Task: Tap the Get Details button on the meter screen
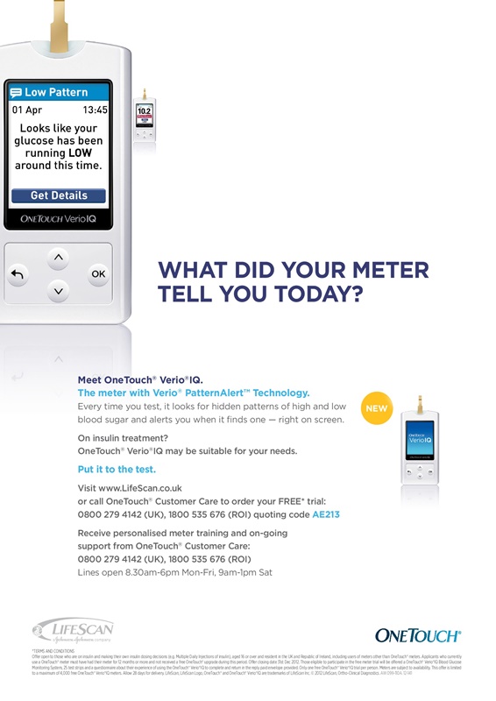click(x=59, y=195)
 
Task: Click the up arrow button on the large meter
click(x=58, y=257)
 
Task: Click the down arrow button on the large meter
click(x=58, y=290)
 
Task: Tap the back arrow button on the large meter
click(x=18, y=274)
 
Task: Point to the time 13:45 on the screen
click(x=95, y=110)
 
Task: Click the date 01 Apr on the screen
click(x=27, y=110)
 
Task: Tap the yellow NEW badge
click(x=376, y=408)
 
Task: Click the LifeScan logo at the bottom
click(x=72, y=630)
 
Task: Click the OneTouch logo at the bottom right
click(x=417, y=635)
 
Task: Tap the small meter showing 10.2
click(x=145, y=117)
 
